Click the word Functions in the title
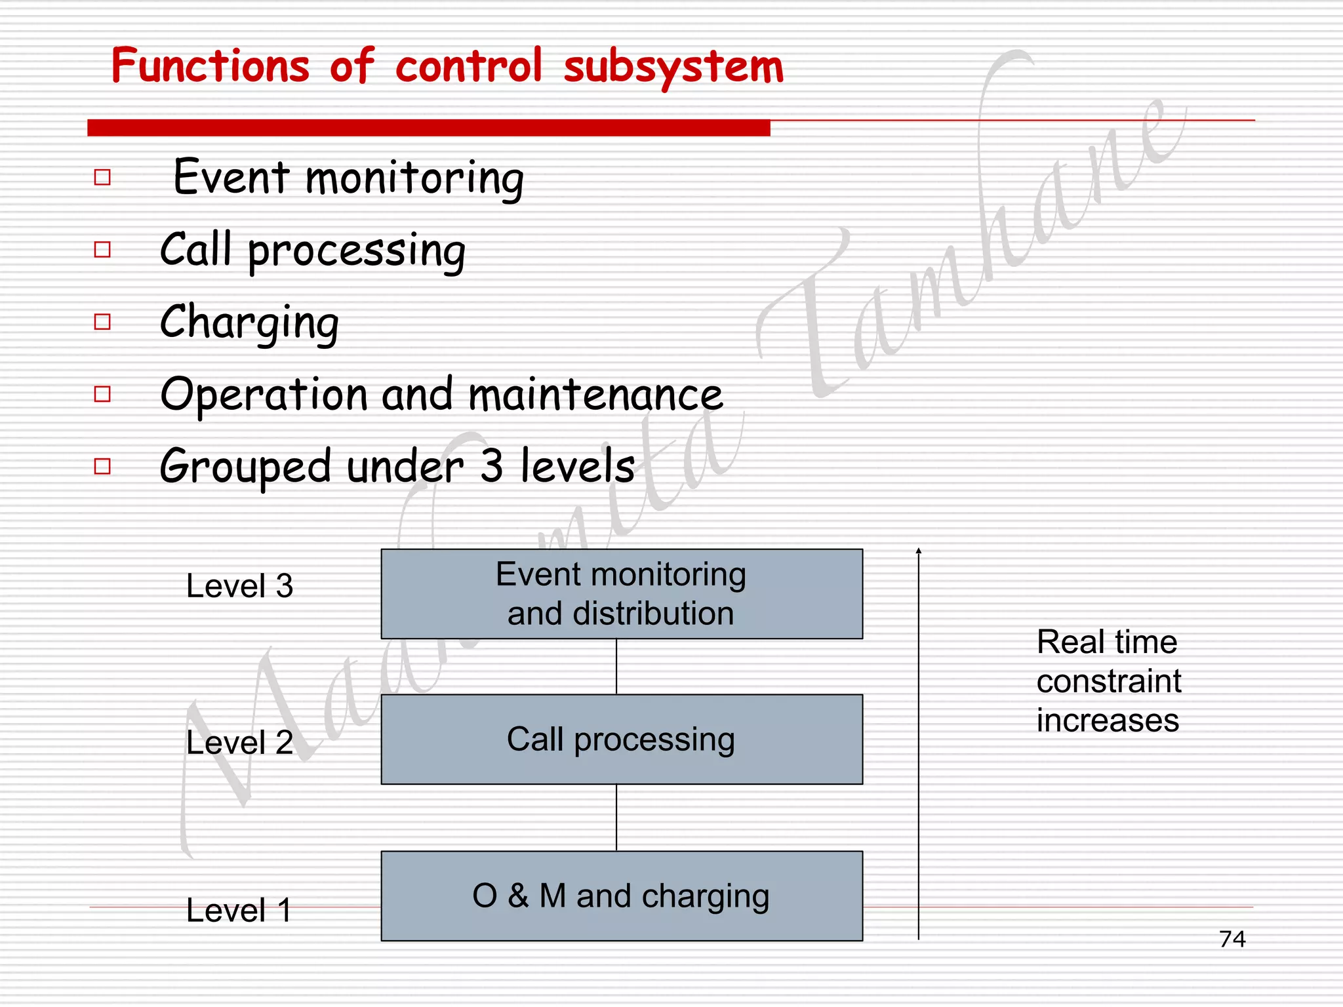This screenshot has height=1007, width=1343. [x=210, y=66]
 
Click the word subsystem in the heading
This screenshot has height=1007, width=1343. [x=673, y=68]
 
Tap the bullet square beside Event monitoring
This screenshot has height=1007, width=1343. [x=102, y=177]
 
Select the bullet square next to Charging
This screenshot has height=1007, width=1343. [x=102, y=322]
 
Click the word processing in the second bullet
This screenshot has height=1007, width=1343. [x=356, y=252]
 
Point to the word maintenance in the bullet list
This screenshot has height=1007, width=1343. [x=595, y=395]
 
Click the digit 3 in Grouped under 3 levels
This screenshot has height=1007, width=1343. [x=491, y=466]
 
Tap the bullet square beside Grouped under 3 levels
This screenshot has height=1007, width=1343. [x=102, y=466]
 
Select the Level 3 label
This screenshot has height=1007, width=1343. [x=239, y=585]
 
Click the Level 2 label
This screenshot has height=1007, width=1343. [x=239, y=742]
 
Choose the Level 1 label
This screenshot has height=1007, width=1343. [x=239, y=910]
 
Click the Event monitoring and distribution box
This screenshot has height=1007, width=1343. [x=621, y=594]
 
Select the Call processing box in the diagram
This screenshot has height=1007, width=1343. [x=621, y=739]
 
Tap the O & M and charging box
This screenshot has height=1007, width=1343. [x=621, y=896]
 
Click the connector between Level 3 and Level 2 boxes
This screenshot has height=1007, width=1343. [x=616, y=667]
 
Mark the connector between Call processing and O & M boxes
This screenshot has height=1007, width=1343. [x=616, y=818]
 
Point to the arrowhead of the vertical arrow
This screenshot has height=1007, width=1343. [x=919, y=551]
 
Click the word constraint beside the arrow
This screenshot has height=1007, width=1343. [x=1108, y=681]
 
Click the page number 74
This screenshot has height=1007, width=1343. [x=1232, y=939]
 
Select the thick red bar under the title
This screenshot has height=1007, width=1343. [x=428, y=128]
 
